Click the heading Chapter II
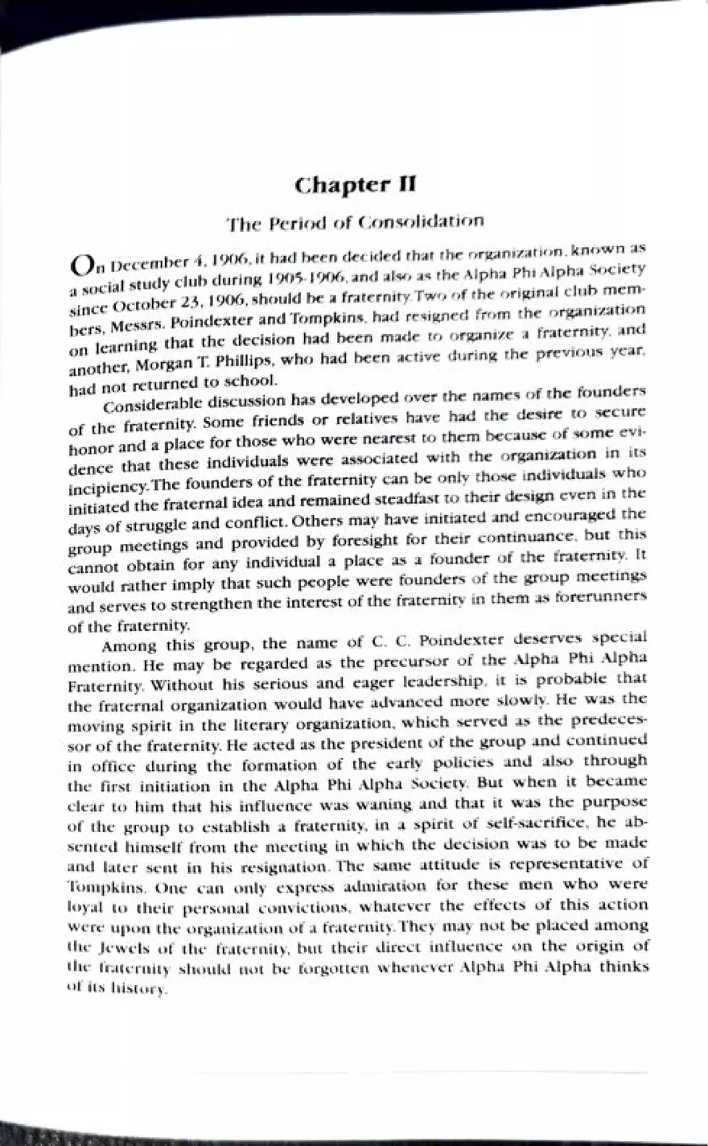point(355,185)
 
